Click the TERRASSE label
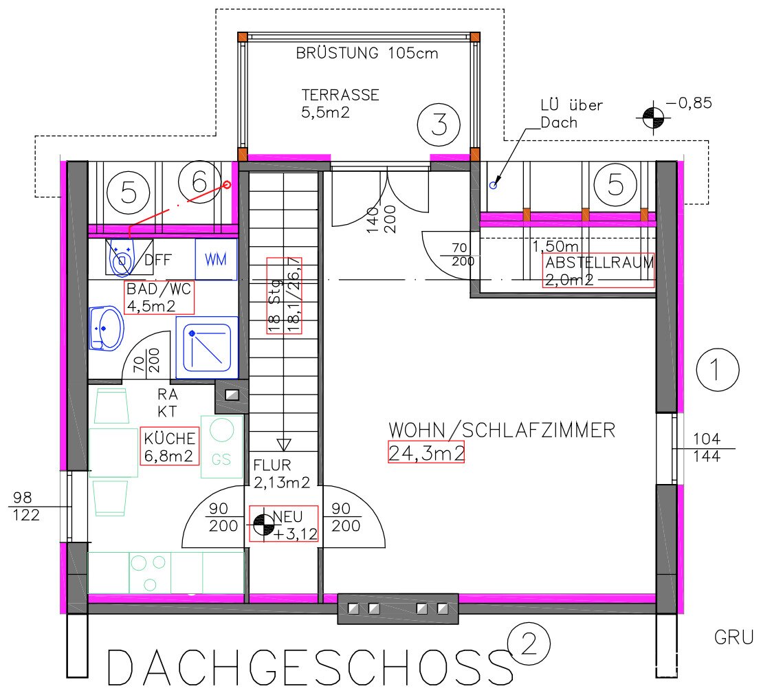(340, 95)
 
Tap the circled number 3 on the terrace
(439, 124)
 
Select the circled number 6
(199, 182)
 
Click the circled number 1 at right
(717, 370)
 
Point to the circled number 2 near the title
(529, 644)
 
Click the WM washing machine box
(216, 259)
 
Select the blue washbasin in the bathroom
(107, 328)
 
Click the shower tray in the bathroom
(207, 347)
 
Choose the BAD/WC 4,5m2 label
(159, 298)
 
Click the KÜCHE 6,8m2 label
(169, 446)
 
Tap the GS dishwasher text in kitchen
(221, 459)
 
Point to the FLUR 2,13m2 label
(281, 474)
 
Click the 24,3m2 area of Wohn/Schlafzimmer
(426, 452)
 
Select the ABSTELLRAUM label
(599, 263)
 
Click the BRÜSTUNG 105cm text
(367, 52)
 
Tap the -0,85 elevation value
(689, 103)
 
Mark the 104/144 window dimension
(707, 448)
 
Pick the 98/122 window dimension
(26, 506)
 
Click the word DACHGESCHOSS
(309, 668)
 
